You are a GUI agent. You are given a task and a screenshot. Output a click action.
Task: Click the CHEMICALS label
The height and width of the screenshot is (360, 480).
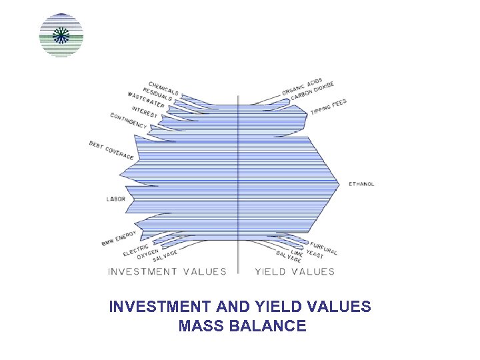[x=163, y=89]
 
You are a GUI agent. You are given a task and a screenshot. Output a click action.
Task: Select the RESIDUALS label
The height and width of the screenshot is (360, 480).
[x=157, y=95]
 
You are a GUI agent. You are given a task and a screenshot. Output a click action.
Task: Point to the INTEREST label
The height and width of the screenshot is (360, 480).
[x=145, y=112]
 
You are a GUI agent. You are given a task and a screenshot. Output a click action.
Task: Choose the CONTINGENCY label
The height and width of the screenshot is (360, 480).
[x=129, y=121]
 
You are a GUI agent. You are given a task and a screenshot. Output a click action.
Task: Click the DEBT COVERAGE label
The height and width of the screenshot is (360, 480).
[x=111, y=150]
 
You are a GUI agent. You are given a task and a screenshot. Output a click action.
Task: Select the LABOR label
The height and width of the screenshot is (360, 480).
[x=116, y=199]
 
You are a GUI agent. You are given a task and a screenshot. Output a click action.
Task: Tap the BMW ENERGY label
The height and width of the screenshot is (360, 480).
[x=119, y=238]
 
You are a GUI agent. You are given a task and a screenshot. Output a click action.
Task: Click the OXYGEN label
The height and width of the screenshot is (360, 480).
[x=147, y=254]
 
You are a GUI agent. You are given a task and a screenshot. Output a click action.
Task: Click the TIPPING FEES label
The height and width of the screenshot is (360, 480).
[x=328, y=107]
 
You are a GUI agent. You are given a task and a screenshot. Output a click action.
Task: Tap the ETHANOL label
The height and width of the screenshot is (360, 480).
[x=361, y=184]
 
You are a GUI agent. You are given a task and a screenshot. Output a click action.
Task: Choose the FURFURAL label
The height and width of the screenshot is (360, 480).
[x=323, y=247]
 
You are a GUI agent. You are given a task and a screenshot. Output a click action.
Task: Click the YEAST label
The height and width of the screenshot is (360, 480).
[x=315, y=254]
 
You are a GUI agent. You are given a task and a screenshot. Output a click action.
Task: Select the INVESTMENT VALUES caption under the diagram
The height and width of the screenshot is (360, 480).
[x=167, y=271]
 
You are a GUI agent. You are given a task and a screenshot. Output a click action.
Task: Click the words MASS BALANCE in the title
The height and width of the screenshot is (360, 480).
[x=242, y=326]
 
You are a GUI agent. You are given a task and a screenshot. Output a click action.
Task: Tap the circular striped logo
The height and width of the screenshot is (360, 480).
[x=61, y=35]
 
